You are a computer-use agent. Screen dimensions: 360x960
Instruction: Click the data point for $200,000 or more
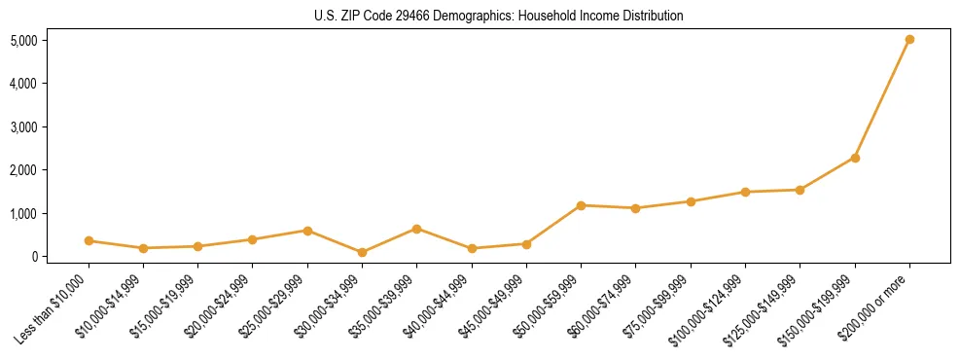pyautogui.click(x=909, y=40)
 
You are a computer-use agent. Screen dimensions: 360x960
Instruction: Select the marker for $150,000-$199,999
pyautogui.click(x=855, y=158)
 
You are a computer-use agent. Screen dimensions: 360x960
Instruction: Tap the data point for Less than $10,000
pyautogui.click(x=89, y=240)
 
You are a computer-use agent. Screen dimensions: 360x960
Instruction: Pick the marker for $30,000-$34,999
pyautogui.click(x=362, y=252)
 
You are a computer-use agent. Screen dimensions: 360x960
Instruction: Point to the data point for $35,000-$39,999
pyautogui.click(x=416, y=229)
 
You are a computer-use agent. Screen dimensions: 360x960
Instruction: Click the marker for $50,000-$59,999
pyautogui.click(x=581, y=205)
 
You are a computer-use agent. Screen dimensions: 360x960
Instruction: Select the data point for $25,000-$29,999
pyautogui.click(x=307, y=231)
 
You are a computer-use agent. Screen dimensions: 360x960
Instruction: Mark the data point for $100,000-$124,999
pyautogui.click(x=745, y=192)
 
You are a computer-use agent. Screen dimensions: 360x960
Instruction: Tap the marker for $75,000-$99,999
pyautogui.click(x=691, y=201)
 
